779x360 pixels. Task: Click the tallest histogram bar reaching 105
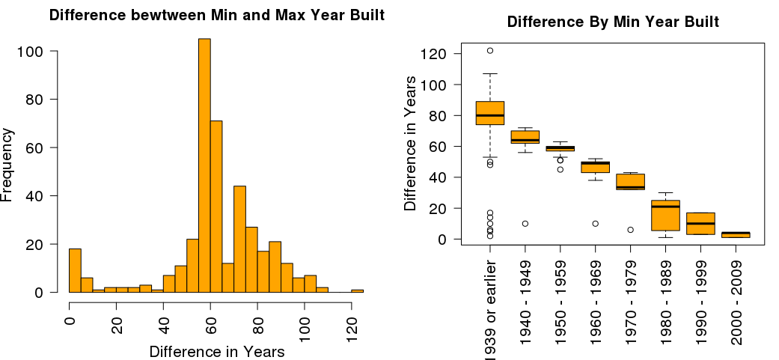(x=204, y=165)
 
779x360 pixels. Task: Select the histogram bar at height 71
(x=216, y=207)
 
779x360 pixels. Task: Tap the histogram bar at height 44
(x=239, y=239)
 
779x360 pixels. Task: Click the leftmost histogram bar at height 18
(x=75, y=270)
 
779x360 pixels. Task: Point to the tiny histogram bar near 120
(x=357, y=290)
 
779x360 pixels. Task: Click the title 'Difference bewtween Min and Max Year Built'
(x=217, y=15)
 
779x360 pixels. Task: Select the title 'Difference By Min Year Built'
(x=613, y=22)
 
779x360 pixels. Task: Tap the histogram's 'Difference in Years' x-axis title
(x=217, y=352)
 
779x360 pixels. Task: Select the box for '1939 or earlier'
(x=490, y=112)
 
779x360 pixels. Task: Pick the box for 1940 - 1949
(x=525, y=137)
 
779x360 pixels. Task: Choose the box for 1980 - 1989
(x=665, y=216)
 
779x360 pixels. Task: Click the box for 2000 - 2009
(x=736, y=234)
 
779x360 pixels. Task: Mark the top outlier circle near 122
(x=490, y=51)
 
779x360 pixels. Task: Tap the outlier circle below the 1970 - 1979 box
(x=630, y=230)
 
